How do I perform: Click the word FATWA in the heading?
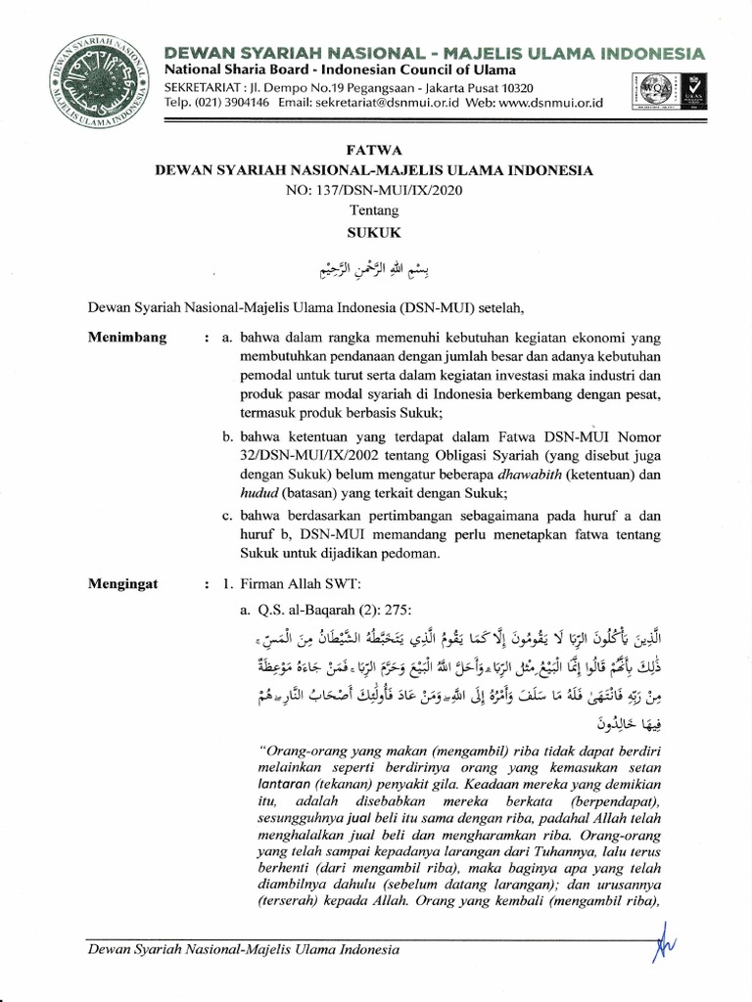pos(375,150)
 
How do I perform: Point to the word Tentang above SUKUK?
pos(375,209)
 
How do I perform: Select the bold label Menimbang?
pos(128,338)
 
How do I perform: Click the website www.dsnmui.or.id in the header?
pos(549,103)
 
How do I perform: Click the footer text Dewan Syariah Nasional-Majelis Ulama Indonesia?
pos(244,949)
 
